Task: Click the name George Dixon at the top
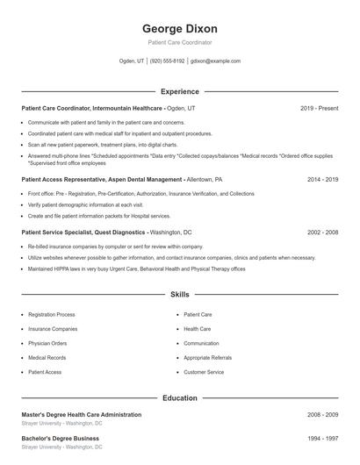[x=179, y=28]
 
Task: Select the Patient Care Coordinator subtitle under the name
[x=179, y=42]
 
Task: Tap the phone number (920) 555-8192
[x=167, y=61]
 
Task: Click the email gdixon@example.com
[x=215, y=61]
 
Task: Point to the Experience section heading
[x=179, y=91]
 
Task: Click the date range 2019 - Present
[x=319, y=108]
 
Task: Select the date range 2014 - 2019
[x=322, y=178]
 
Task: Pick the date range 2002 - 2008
[x=322, y=232]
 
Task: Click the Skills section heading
[x=179, y=296]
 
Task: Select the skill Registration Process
[x=51, y=314]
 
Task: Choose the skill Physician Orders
[x=47, y=343]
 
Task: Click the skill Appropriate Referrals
[x=208, y=358]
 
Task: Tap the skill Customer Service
[x=203, y=373]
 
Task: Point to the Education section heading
[x=179, y=398]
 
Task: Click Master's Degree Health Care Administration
[x=81, y=414]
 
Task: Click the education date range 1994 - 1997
[x=322, y=437]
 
